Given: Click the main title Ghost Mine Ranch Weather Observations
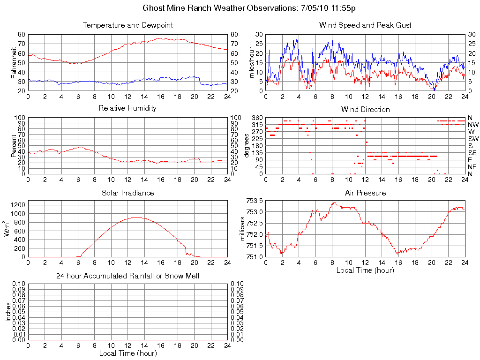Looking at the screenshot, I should pyautogui.click(x=252, y=8).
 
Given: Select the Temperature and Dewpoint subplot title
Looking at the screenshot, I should pyautogui.click(x=127, y=25).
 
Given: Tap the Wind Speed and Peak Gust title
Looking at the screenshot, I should pyautogui.click(x=365, y=25).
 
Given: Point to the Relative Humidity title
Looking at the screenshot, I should pyautogui.click(x=127, y=108).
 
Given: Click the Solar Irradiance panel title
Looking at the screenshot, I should pyautogui.click(x=127, y=193).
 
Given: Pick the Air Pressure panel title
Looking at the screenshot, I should pyautogui.click(x=365, y=193).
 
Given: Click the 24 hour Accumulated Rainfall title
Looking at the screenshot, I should pyautogui.click(x=127, y=276).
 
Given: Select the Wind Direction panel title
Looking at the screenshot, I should pyautogui.click(x=365, y=109).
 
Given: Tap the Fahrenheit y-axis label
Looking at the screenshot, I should pyautogui.click(x=14, y=62).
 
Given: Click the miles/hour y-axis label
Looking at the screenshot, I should pyautogui.click(x=252, y=62).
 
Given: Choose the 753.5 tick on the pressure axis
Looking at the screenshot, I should pyautogui.click(x=255, y=201).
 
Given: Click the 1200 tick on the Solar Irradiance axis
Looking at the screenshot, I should pyautogui.click(x=17, y=205).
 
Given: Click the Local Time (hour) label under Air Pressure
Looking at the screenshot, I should pyautogui.click(x=365, y=270).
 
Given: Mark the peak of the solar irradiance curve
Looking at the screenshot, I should pyautogui.click(x=136, y=217).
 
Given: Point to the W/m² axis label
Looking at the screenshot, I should pyautogui.click(x=7, y=229).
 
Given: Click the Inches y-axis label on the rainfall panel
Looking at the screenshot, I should pyautogui.click(x=7, y=312).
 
